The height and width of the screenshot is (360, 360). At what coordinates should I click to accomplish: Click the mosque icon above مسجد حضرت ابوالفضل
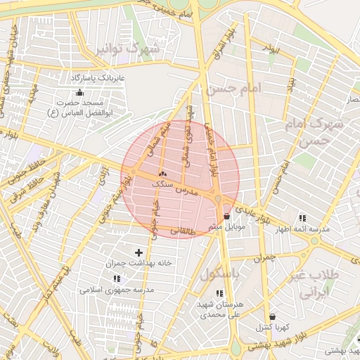coord(79,93)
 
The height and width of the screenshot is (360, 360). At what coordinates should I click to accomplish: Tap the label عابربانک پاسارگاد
coord(96,76)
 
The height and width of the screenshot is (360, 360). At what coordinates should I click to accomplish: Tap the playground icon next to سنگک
coord(162,173)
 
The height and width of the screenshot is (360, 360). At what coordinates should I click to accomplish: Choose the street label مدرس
coord(202,191)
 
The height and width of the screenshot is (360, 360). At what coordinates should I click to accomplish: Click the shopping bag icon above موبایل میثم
coord(226,217)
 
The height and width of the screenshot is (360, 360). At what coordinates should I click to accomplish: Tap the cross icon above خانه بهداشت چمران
coord(138,252)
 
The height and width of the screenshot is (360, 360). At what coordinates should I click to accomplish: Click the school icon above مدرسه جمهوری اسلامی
coord(116,278)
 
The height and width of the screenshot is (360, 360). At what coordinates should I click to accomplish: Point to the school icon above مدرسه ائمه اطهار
coord(302,218)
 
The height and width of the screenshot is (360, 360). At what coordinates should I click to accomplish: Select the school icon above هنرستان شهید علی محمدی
coord(220,293)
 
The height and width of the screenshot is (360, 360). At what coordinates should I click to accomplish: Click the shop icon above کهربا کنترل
coord(272,316)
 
